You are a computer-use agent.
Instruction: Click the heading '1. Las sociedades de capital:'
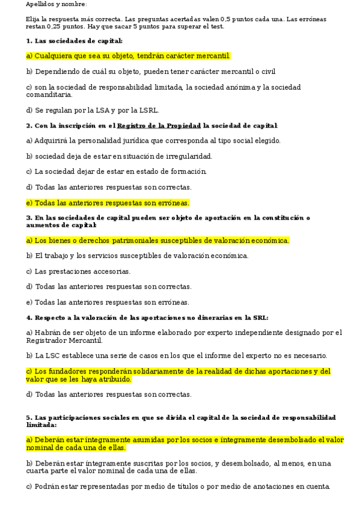[74, 41]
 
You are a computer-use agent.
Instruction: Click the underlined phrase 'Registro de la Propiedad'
[159, 126]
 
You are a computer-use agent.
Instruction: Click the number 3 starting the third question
[28, 218]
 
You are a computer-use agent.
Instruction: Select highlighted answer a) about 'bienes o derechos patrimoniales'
[157, 241]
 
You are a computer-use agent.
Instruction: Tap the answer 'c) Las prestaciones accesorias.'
[78, 271]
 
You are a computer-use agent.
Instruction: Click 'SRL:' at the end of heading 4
[260, 317]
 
